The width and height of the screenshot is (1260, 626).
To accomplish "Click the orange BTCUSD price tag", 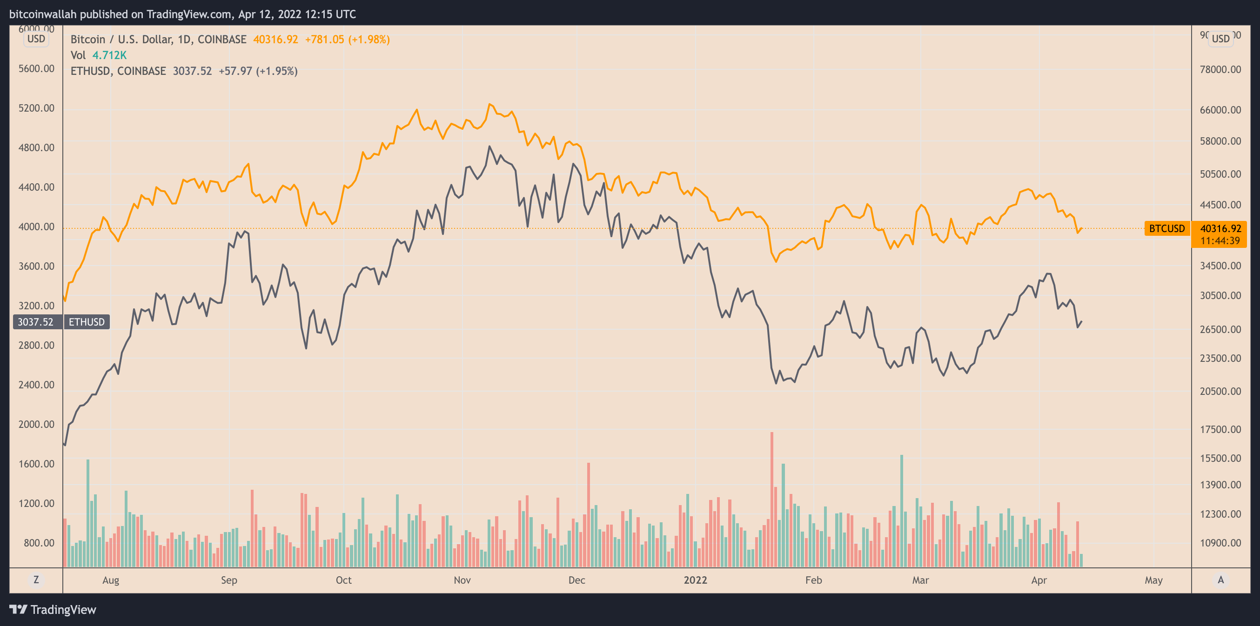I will (x=1166, y=228).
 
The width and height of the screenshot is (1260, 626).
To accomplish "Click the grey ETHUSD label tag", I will (x=87, y=322).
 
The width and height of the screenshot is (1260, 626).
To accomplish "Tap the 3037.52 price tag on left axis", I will (x=36, y=322).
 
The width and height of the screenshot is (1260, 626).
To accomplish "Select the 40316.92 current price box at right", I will (x=1220, y=229).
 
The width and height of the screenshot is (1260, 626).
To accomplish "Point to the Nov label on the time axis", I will (x=462, y=580).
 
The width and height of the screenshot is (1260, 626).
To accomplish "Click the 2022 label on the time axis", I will (x=695, y=580).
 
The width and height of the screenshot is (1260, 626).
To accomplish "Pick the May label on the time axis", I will (x=1153, y=580).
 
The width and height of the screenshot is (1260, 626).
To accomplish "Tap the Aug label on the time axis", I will (x=111, y=580).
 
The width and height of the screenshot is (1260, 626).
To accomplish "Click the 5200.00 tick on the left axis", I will (x=36, y=108).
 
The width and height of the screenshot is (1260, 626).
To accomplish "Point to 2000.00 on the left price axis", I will (x=36, y=424).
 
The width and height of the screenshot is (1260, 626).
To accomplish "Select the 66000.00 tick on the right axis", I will (x=1220, y=110).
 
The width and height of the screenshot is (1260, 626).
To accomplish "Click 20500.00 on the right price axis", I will (x=1220, y=391).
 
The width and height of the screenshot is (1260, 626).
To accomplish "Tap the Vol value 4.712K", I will (x=109, y=55).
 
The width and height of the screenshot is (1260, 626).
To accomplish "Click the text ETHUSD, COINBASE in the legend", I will (x=118, y=72).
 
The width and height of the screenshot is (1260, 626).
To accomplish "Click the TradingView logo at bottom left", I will (x=53, y=609).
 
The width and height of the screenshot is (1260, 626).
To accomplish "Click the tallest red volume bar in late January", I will (x=772, y=499).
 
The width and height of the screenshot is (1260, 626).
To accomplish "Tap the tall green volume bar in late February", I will (x=901, y=511).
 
